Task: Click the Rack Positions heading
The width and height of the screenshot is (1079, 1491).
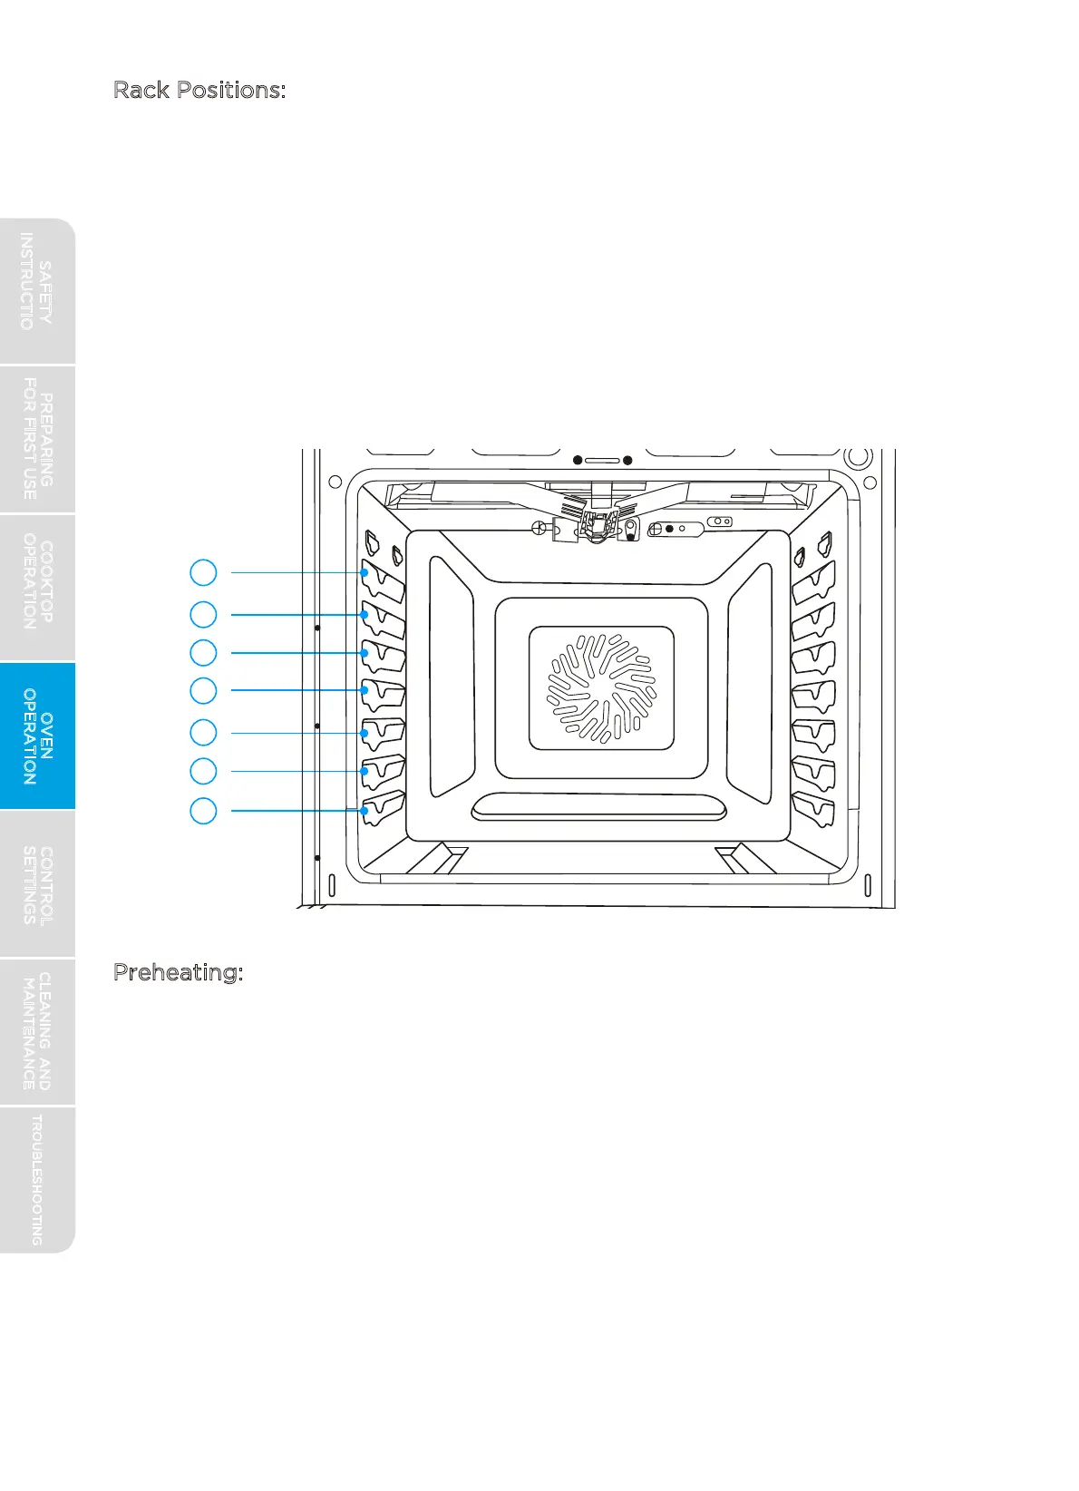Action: point(199,90)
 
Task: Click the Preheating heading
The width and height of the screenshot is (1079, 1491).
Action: point(178,972)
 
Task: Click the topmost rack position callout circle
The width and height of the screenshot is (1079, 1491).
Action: point(203,572)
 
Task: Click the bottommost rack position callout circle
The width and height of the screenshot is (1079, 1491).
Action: point(203,810)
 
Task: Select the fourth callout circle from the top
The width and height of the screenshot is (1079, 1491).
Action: point(203,690)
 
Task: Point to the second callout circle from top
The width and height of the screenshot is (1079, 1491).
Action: point(203,614)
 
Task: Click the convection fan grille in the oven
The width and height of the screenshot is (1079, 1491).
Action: point(600,687)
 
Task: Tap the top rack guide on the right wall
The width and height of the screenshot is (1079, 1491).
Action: point(813,582)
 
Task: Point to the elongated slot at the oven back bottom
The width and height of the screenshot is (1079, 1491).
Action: point(598,806)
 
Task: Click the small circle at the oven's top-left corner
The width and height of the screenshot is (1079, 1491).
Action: point(335,482)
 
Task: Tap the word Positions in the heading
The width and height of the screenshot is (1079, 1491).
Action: point(231,90)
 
